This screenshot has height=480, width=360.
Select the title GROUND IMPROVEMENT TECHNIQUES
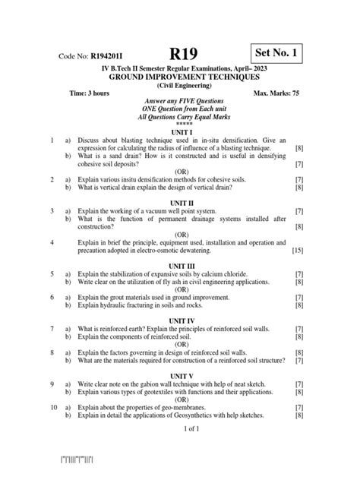coord(180,77)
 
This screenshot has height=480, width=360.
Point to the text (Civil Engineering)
coord(180,86)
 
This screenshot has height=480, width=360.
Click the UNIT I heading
coord(180,131)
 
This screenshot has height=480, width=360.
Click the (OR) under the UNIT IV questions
coord(180,345)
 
